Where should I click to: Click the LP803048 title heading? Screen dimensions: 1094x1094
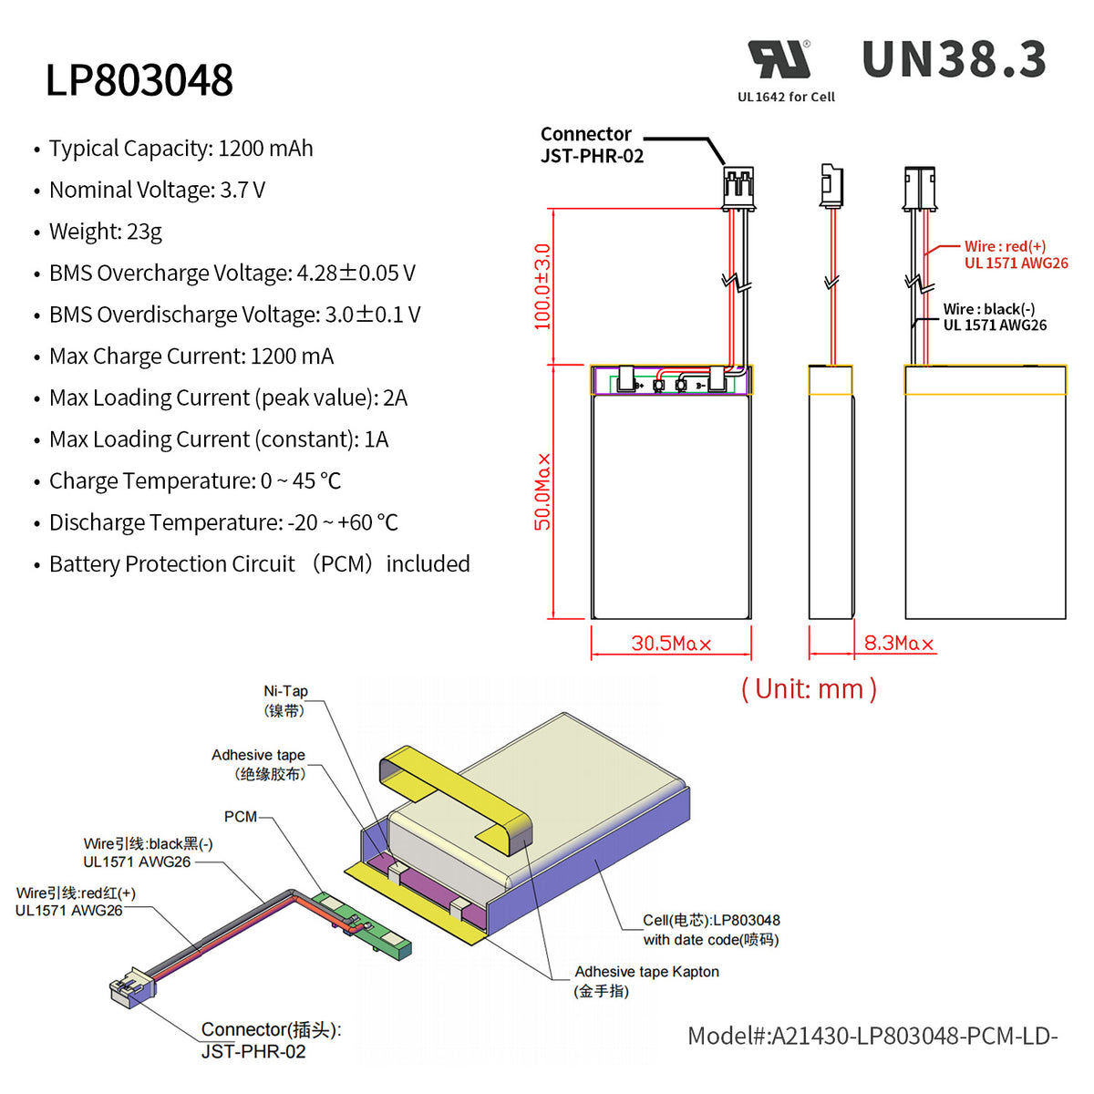pyautogui.click(x=139, y=80)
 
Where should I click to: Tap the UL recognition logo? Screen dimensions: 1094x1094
pyautogui.click(x=779, y=60)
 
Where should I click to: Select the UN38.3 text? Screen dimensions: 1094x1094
pyautogui.click(x=954, y=60)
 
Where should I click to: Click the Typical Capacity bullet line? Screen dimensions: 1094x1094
pyautogui.click(x=181, y=149)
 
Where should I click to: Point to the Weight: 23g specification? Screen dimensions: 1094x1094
pyautogui.click(x=105, y=232)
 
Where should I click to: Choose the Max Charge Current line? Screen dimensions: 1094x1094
pyautogui.click(x=191, y=356)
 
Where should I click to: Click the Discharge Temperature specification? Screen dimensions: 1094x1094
pyautogui.click(x=223, y=522)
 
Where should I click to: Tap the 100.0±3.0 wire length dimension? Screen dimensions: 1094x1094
pyautogui.click(x=542, y=286)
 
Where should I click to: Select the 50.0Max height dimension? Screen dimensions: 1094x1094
pyautogui.click(x=542, y=491)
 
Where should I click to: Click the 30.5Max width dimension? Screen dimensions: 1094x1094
pyautogui.click(x=671, y=644)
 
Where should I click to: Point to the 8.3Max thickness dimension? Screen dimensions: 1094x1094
pyautogui.click(x=899, y=644)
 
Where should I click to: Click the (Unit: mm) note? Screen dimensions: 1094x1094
pyautogui.click(x=809, y=689)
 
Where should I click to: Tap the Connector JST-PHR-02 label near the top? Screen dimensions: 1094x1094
pyautogui.click(x=591, y=145)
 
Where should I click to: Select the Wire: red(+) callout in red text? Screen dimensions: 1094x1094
pyautogui.click(x=1015, y=254)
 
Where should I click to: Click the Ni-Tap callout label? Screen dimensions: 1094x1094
pyautogui.click(x=285, y=701)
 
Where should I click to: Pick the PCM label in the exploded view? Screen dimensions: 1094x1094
pyautogui.click(x=241, y=817)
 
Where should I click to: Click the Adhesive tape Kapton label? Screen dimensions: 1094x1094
pyautogui.click(x=645, y=981)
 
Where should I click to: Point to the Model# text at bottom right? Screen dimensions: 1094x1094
pyautogui.click(x=872, y=1036)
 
